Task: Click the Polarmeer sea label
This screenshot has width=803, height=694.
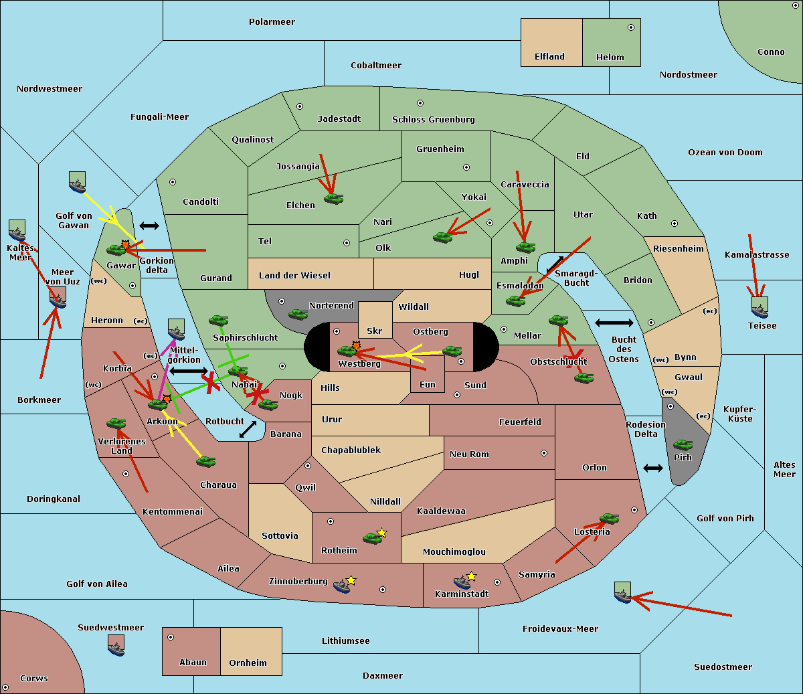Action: [x=272, y=22]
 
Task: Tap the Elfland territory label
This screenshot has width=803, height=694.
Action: [x=549, y=57]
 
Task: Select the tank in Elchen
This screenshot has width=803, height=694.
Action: [x=334, y=199]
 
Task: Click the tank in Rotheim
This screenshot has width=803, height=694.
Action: [x=373, y=538]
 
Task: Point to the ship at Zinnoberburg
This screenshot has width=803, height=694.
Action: [x=342, y=586]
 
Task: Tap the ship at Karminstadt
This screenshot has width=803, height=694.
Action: [x=462, y=582]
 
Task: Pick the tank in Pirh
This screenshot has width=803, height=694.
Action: [x=683, y=444]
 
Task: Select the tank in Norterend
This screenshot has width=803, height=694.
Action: [x=298, y=314]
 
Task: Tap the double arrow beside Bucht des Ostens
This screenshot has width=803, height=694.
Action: [x=614, y=323]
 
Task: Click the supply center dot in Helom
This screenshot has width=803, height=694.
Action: [x=631, y=27]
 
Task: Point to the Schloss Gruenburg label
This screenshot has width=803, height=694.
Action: [x=434, y=120]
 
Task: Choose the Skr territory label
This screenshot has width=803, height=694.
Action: [x=375, y=331]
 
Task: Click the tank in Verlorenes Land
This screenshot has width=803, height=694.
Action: [x=116, y=423]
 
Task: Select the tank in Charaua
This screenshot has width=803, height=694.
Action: [x=206, y=462]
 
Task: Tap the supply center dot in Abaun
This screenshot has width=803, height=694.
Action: [x=171, y=637]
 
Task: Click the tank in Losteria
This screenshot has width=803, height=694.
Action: [x=609, y=519]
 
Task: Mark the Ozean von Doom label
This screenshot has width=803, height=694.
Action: [x=725, y=153]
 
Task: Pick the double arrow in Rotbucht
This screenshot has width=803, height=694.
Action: [x=248, y=430]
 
